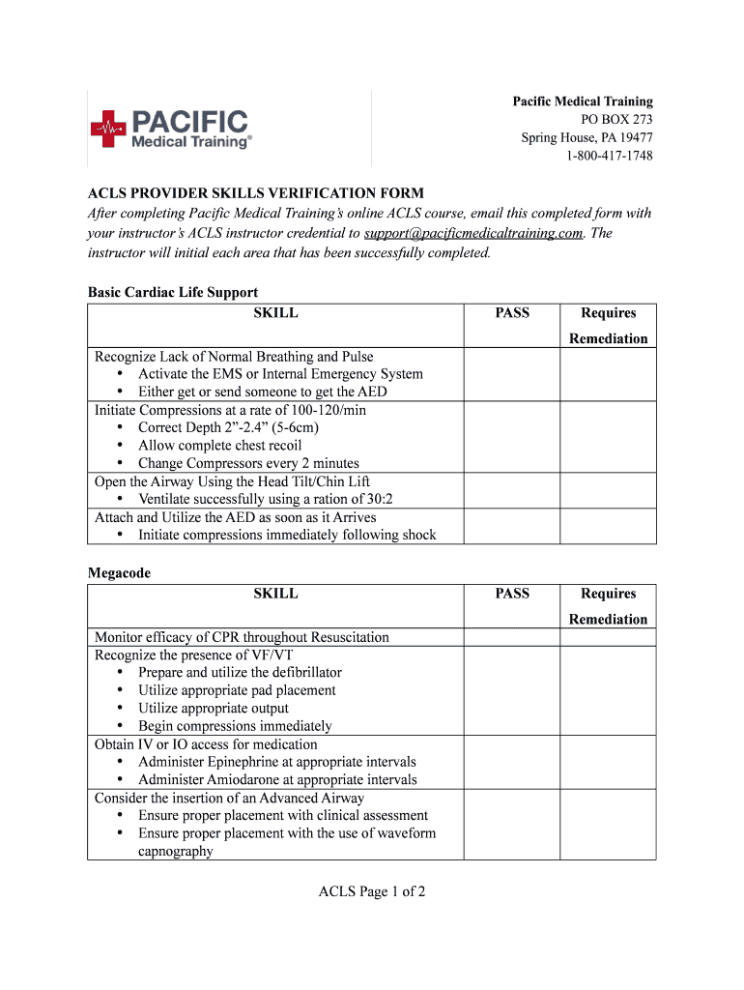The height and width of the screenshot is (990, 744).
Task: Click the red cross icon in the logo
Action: point(108,129)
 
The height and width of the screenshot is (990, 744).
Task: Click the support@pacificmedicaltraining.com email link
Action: point(473,233)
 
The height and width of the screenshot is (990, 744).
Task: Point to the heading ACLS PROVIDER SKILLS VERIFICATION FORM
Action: point(256,193)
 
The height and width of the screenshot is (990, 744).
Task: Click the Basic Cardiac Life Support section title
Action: point(173,292)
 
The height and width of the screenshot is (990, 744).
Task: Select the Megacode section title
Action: point(119,572)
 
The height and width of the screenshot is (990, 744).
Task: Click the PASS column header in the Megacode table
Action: point(512,594)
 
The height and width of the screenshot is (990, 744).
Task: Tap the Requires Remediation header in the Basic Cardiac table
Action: point(608,325)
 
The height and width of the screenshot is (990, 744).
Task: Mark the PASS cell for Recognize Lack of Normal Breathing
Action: point(512,374)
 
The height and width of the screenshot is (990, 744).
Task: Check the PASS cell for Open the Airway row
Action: point(512,490)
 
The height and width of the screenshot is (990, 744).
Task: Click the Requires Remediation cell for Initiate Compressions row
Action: point(608,436)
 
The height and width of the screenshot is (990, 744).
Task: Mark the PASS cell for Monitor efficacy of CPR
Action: point(512,637)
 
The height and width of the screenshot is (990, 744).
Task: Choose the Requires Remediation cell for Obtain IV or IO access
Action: point(608,762)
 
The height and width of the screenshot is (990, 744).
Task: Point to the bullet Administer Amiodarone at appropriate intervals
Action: point(277,779)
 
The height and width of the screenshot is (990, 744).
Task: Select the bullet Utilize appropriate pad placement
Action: point(237,690)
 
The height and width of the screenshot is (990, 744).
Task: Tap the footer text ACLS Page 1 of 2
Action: point(372,891)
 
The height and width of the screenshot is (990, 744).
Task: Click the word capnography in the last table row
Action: point(176,851)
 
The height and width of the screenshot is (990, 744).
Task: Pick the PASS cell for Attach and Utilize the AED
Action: point(512,526)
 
